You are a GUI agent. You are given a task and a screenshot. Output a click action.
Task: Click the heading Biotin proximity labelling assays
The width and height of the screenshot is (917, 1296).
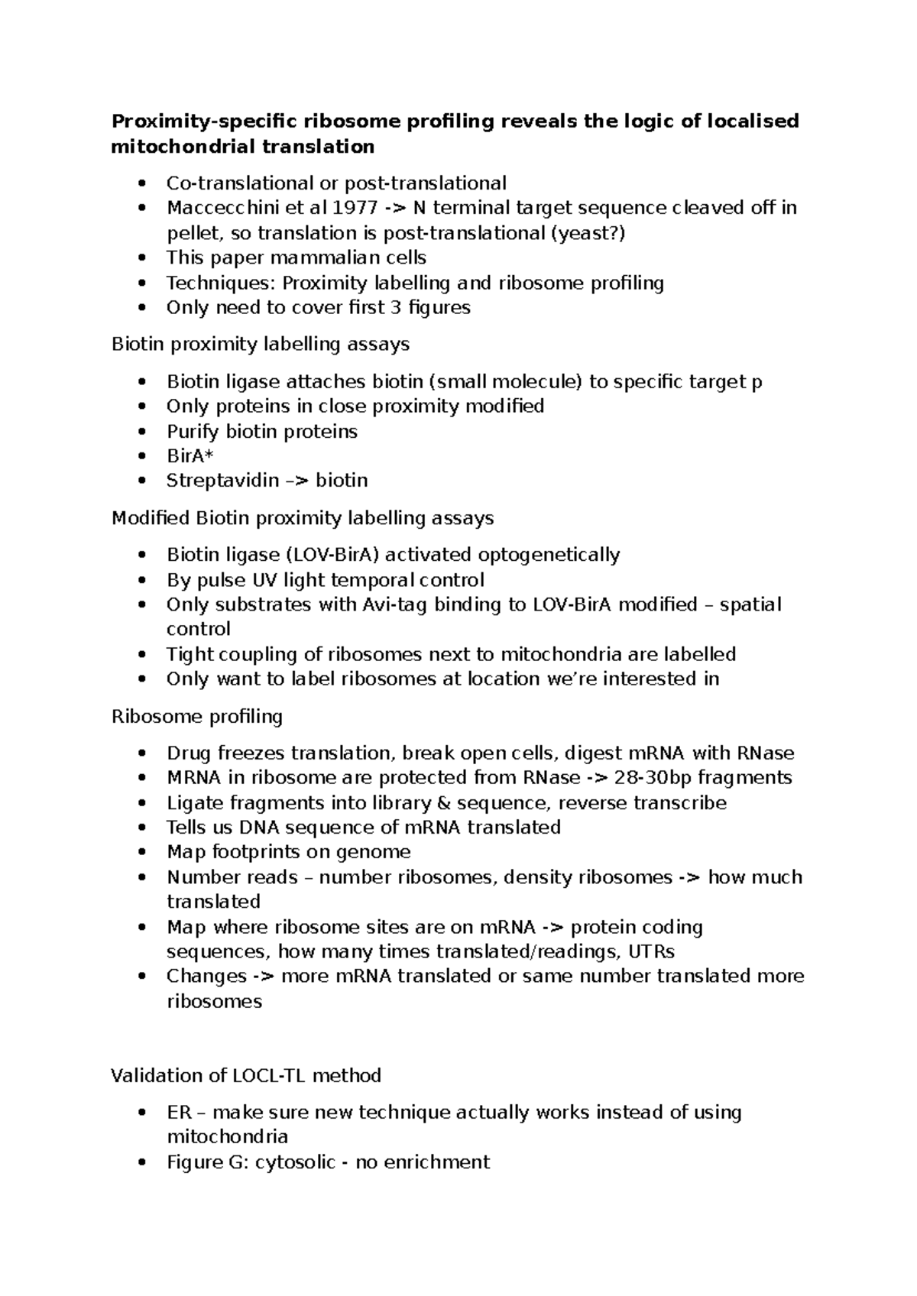[260, 345]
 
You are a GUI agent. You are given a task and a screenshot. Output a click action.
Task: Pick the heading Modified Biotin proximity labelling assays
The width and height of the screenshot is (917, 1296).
[302, 518]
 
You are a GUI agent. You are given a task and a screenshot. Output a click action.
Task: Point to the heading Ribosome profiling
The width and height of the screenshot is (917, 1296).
[196, 717]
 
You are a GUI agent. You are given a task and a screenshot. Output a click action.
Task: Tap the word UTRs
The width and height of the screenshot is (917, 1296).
[649, 952]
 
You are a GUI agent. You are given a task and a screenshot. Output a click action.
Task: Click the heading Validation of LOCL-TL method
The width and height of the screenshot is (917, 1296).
[245, 1076]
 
